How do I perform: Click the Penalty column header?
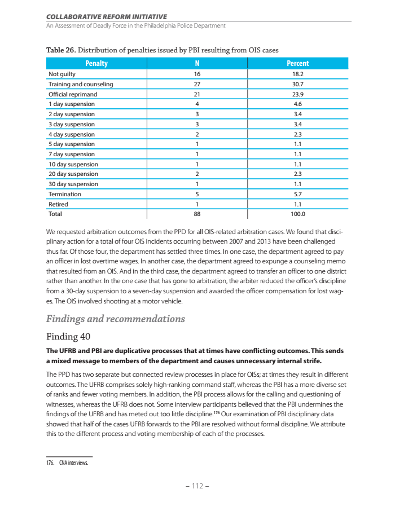(x=96, y=64)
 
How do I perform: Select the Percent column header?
(x=297, y=64)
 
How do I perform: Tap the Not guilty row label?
(x=62, y=74)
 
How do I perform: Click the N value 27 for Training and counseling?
(x=197, y=84)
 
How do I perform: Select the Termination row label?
(x=65, y=194)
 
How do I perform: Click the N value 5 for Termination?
(x=197, y=194)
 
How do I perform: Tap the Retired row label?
(x=58, y=204)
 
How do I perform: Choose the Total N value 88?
(x=197, y=214)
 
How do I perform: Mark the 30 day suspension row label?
(x=73, y=184)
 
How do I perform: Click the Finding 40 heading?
(x=69, y=337)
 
